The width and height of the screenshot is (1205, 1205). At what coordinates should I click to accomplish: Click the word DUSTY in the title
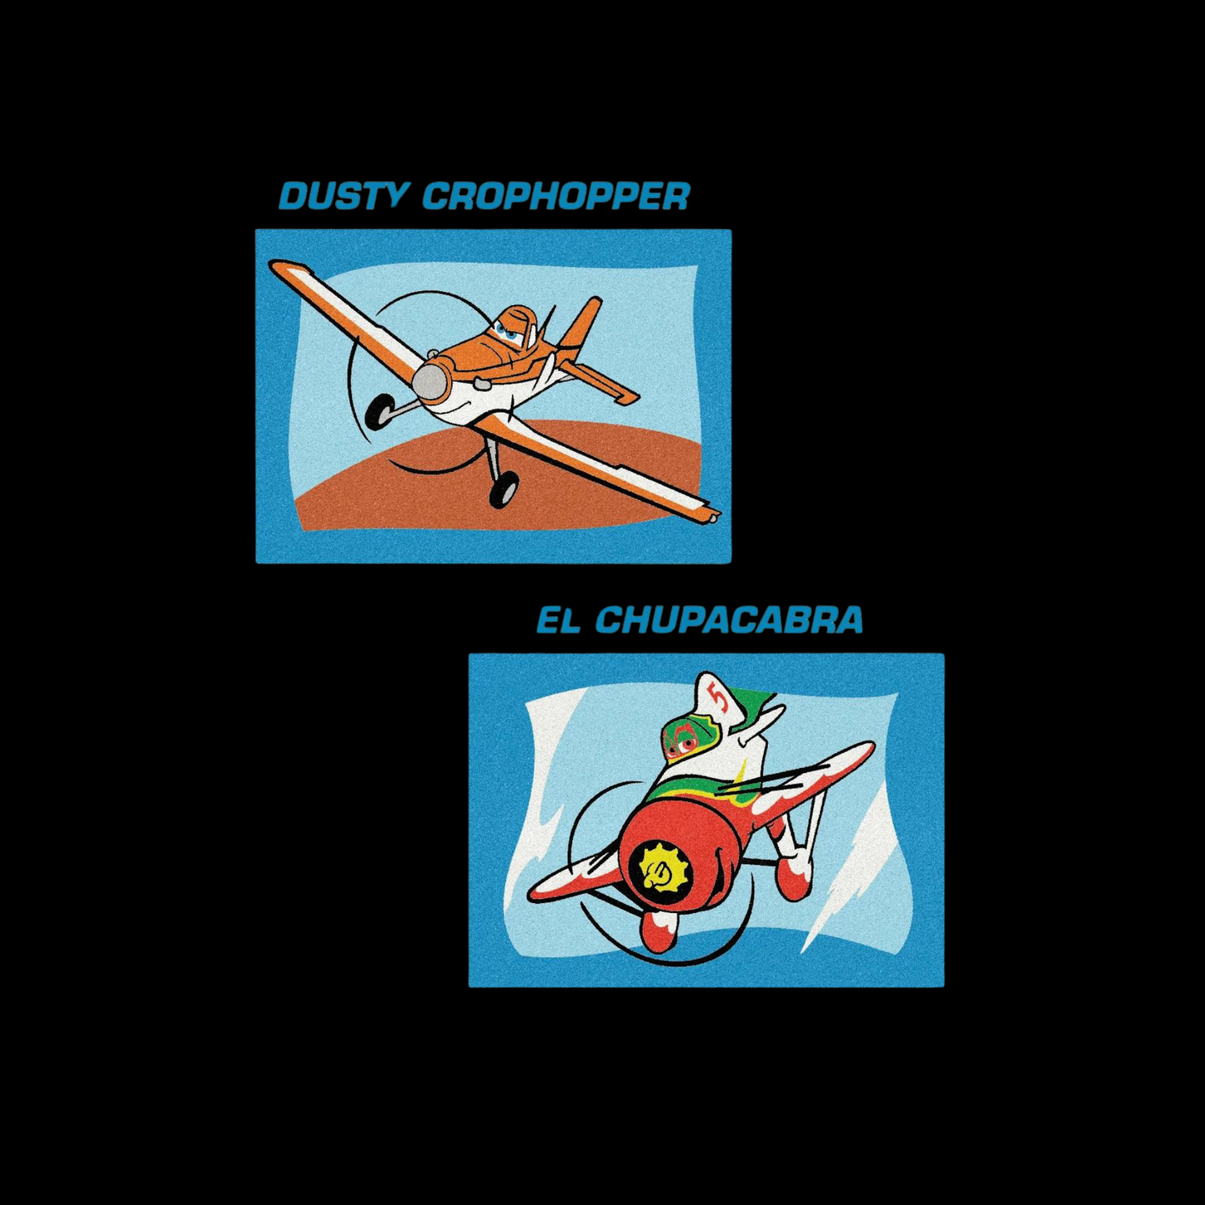(x=344, y=196)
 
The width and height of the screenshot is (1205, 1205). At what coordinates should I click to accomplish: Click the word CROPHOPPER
(x=556, y=196)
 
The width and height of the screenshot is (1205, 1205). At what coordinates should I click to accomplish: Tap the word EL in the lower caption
(x=558, y=620)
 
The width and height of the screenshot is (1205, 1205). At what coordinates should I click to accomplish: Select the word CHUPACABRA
(x=729, y=620)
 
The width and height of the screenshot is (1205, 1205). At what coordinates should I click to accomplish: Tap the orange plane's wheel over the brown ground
(x=504, y=489)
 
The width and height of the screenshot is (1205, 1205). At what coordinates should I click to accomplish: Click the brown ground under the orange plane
(x=400, y=500)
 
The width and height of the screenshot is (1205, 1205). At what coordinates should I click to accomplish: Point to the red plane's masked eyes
(x=679, y=744)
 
